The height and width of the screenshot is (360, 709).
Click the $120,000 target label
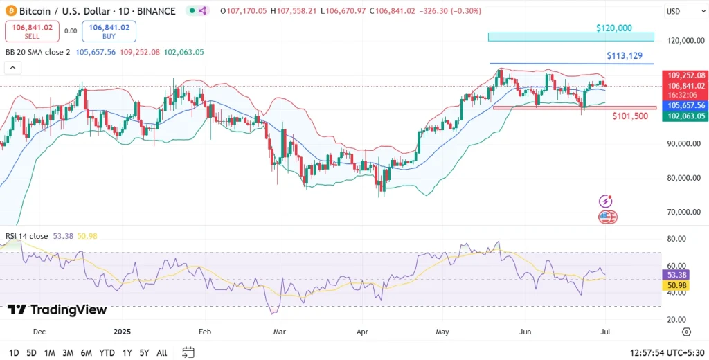click(x=614, y=28)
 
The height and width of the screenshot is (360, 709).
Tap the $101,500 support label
click(x=630, y=116)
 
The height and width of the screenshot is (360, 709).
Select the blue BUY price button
click(x=109, y=31)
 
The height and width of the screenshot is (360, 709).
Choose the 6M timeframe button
click(x=87, y=352)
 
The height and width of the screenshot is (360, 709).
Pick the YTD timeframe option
click(x=107, y=352)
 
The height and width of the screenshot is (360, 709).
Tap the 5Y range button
click(x=143, y=352)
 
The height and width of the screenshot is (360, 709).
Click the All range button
click(x=162, y=352)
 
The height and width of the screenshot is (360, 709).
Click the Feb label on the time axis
click(x=204, y=332)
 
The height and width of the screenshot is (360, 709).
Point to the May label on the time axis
click(x=442, y=332)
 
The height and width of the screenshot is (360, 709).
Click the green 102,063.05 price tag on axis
click(x=684, y=116)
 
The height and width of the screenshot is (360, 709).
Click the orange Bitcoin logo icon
click(x=10, y=11)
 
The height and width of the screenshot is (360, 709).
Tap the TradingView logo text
click(x=57, y=309)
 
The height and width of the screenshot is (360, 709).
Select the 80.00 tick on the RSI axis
click(x=676, y=239)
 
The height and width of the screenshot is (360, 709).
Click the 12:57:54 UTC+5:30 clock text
click(x=666, y=352)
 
